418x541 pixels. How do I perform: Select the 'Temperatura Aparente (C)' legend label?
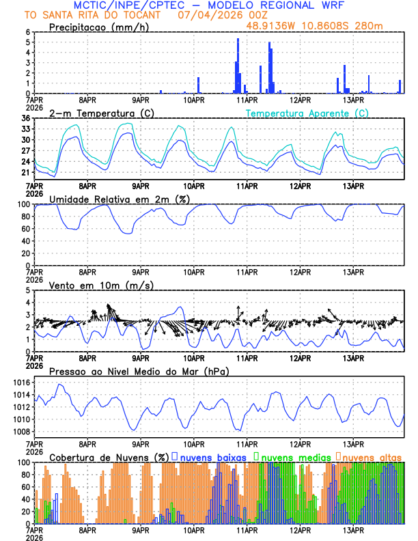[x=307, y=113]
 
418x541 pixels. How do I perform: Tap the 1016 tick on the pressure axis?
[x=20, y=383]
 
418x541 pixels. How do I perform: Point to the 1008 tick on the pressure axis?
[x=20, y=432]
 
